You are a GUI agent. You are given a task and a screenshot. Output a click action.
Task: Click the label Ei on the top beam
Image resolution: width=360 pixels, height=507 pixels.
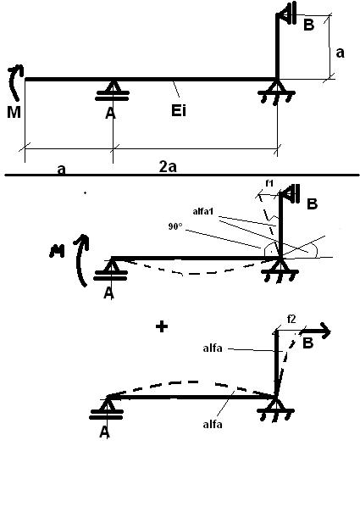pos(179,110)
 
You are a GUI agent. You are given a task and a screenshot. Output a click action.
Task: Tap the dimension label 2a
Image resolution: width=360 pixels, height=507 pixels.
pos(168,167)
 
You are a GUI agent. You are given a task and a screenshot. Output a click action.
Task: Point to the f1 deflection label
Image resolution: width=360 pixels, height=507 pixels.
pos(269,183)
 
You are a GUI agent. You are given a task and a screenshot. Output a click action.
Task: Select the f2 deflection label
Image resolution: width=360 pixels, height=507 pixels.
pos(291,320)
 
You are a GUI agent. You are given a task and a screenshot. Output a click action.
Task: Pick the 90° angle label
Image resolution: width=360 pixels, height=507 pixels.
pos(175,226)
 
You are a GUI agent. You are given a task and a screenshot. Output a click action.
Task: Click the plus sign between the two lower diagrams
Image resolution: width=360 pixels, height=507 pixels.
pos(162,326)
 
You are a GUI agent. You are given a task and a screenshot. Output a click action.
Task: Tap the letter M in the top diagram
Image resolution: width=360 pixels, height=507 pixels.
pos(14,112)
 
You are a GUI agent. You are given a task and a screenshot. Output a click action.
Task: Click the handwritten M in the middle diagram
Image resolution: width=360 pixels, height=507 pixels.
pos(57,251)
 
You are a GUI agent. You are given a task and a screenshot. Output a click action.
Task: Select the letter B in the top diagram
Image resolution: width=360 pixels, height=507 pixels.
pos(308,25)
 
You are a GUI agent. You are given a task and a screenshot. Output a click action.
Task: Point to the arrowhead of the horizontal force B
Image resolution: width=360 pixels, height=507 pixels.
pos(325,331)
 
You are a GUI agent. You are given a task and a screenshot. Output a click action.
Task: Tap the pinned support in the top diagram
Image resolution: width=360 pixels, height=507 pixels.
pos(276,92)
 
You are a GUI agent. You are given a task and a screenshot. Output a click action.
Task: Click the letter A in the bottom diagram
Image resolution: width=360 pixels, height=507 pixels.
pos(104,432)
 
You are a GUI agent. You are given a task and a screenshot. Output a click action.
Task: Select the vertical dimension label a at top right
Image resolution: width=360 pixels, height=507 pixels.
pos(340,53)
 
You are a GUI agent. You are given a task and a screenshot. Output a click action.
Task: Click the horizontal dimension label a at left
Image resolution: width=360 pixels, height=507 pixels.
pos(61,170)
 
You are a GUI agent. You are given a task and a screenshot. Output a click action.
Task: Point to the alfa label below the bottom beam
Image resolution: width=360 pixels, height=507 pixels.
pos(213,424)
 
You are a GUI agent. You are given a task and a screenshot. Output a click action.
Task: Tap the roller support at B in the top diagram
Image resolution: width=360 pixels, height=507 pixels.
pos(288,15)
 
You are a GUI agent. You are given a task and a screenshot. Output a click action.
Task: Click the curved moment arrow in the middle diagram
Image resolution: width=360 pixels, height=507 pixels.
pos(82,259)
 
